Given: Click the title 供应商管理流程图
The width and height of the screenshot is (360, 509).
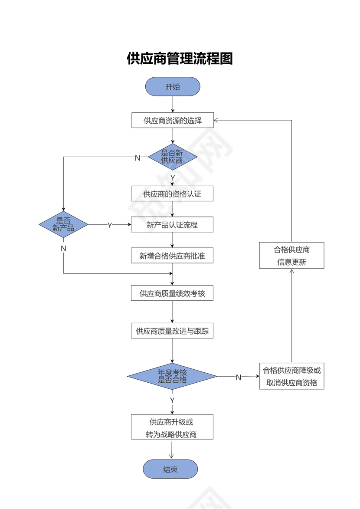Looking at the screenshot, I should [x=180, y=58].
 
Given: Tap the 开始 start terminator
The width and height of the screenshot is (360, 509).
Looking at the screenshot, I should [x=173, y=87].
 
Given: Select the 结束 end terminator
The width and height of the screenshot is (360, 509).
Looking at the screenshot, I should [x=170, y=469].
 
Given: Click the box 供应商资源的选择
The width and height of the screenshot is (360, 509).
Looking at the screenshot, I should [x=173, y=120].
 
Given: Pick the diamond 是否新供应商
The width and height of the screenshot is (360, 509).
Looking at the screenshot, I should [x=173, y=157].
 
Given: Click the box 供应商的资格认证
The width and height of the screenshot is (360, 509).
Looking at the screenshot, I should [x=172, y=194].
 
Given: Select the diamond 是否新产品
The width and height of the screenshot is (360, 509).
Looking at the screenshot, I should [x=63, y=224].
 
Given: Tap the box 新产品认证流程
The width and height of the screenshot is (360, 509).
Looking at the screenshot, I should [x=172, y=225].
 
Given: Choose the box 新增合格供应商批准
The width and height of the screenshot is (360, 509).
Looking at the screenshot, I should [x=172, y=256].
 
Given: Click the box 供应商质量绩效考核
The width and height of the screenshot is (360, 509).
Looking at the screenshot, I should [x=172, y=293].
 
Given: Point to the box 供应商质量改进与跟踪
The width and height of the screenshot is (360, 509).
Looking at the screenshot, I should [x=172, y=331].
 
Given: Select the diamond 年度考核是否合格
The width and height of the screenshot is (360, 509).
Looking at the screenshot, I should [x=172, y=376].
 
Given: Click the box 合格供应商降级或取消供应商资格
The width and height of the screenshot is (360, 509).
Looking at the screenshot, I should [x=291, y=376].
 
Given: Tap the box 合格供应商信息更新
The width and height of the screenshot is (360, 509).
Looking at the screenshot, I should [x=291, y=256].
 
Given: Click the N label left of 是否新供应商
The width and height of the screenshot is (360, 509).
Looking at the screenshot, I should [x=137, y=158].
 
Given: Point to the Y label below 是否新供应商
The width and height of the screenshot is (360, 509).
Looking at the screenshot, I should [x=173, y=178].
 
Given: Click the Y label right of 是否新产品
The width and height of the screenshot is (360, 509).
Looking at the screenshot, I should [x=110, y=225].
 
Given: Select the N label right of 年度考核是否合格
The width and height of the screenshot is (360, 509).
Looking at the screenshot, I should [x=238, y=378].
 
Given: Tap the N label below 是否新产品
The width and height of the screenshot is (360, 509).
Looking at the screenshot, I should [x=63, y=249].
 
